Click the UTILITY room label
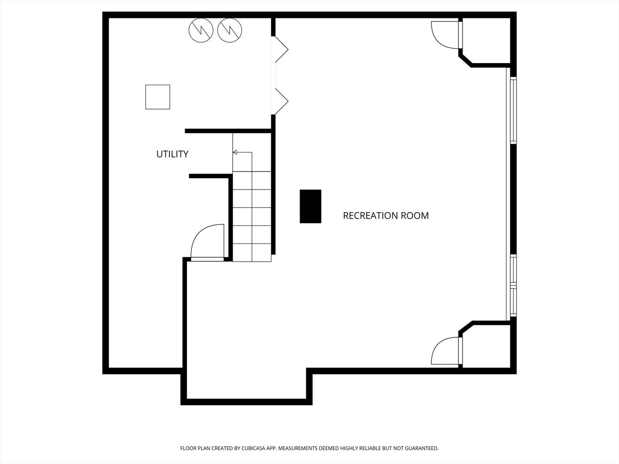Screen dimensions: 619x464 (x=172, y=154)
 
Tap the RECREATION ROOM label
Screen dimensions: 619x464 (x=386, y=216)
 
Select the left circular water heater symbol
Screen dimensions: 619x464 (x=201, y=30)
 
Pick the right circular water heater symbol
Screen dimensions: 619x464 (x=230, y=30)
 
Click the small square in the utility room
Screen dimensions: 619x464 (x=158, y=97)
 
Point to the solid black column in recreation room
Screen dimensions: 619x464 (x=310, y=206)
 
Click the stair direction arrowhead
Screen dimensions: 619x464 (x=235, y=153)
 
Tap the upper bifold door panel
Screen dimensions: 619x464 (x=282, y=49)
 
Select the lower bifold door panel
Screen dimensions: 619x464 (x=282, y=101)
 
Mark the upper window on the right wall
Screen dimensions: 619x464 (x=513, y=110)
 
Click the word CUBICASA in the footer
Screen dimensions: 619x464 (x=254, y=448)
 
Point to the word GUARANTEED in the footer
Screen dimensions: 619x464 (x=422, y=448)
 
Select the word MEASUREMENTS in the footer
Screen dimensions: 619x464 (x=298, y=448)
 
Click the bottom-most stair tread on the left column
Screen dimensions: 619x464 (x=242, y=253)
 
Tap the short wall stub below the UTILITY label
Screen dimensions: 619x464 (x=210, y=176)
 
